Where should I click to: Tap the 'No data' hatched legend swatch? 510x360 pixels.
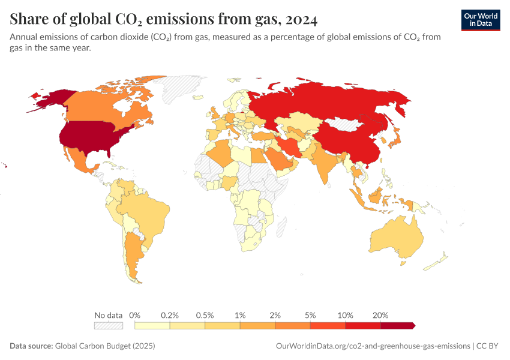[109, 325]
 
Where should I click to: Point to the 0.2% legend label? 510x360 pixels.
[170, 315]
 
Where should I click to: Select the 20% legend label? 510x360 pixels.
[380, 315]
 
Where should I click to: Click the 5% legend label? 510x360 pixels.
[310, 315]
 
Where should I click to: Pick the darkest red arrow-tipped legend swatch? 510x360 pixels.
[397, 325]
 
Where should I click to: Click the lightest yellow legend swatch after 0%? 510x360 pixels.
[152, 325]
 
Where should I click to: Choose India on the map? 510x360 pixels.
[324, 165]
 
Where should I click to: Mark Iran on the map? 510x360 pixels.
[290, 148]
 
